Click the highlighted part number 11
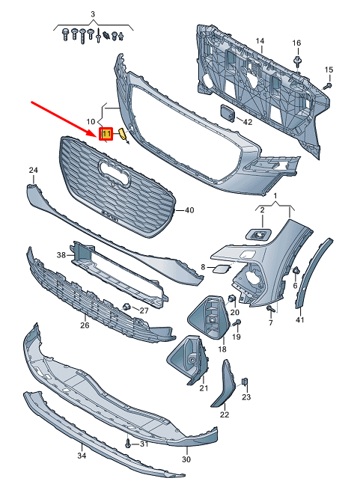coord(106,134)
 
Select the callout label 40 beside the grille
coord(189,210)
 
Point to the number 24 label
coord(33,171)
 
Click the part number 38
coord(61,254)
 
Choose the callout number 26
coord(85,325)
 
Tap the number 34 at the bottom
coord(81,454)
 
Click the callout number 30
coord(186,459)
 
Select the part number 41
coord(300,320)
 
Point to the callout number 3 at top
coord(92,15)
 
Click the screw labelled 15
coord(327,88)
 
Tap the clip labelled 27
coord(126,307)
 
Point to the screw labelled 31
coord(129,443)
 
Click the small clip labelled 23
coord(244,383)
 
